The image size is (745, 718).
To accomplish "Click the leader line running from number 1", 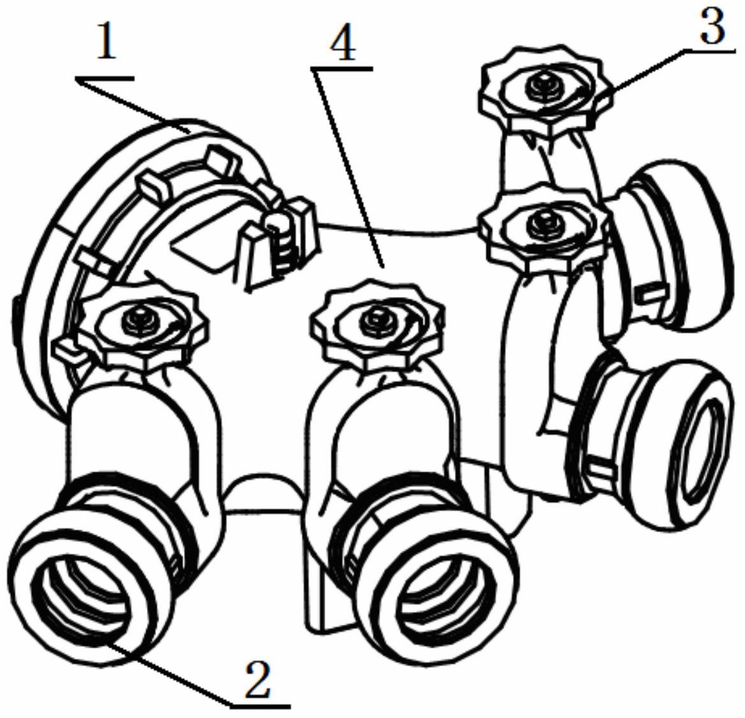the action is point(134,105).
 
